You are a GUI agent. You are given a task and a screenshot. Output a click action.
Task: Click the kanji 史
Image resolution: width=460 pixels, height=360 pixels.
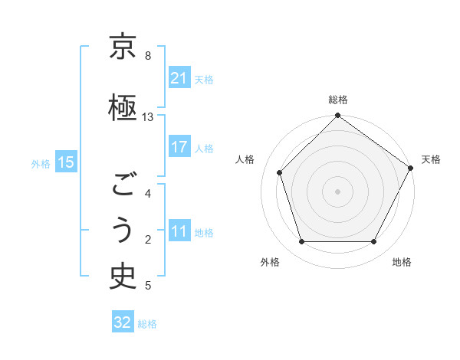point(123,277)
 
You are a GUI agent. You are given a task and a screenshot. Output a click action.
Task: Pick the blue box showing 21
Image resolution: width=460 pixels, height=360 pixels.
point(179,78)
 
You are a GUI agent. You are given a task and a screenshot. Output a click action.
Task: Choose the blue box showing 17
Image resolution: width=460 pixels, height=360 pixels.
point(179,147)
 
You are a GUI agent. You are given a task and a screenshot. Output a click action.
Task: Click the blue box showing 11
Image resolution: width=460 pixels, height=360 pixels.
point(179,231)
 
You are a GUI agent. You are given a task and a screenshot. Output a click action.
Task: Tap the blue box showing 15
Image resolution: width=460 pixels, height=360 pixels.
point(65,162)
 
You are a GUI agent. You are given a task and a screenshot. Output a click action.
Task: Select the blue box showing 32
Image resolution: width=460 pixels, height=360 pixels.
point(123,322)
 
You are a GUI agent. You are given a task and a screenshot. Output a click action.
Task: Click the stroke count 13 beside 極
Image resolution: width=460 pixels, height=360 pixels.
point(148,117)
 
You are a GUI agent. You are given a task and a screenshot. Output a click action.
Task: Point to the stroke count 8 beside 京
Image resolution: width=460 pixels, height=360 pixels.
point(148,56)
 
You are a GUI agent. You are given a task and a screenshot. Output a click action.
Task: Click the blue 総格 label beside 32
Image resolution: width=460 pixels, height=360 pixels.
point(147,324)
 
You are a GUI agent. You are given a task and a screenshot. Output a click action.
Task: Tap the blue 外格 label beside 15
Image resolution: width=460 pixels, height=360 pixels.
point(41,163)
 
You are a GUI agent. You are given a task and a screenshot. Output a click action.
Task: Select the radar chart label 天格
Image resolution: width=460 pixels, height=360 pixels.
point(432,159)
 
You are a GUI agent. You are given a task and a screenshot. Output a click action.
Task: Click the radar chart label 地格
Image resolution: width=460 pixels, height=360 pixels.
point(402,263)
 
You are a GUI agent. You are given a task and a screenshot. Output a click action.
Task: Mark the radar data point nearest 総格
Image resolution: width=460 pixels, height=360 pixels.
point(337,116)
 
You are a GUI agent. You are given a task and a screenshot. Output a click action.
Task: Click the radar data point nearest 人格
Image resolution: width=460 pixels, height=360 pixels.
point(280,172)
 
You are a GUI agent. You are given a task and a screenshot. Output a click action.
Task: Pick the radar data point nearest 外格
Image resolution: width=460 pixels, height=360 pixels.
point(301,242)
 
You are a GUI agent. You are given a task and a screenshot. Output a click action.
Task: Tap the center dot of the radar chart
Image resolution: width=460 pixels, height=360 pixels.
point(337,191)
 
